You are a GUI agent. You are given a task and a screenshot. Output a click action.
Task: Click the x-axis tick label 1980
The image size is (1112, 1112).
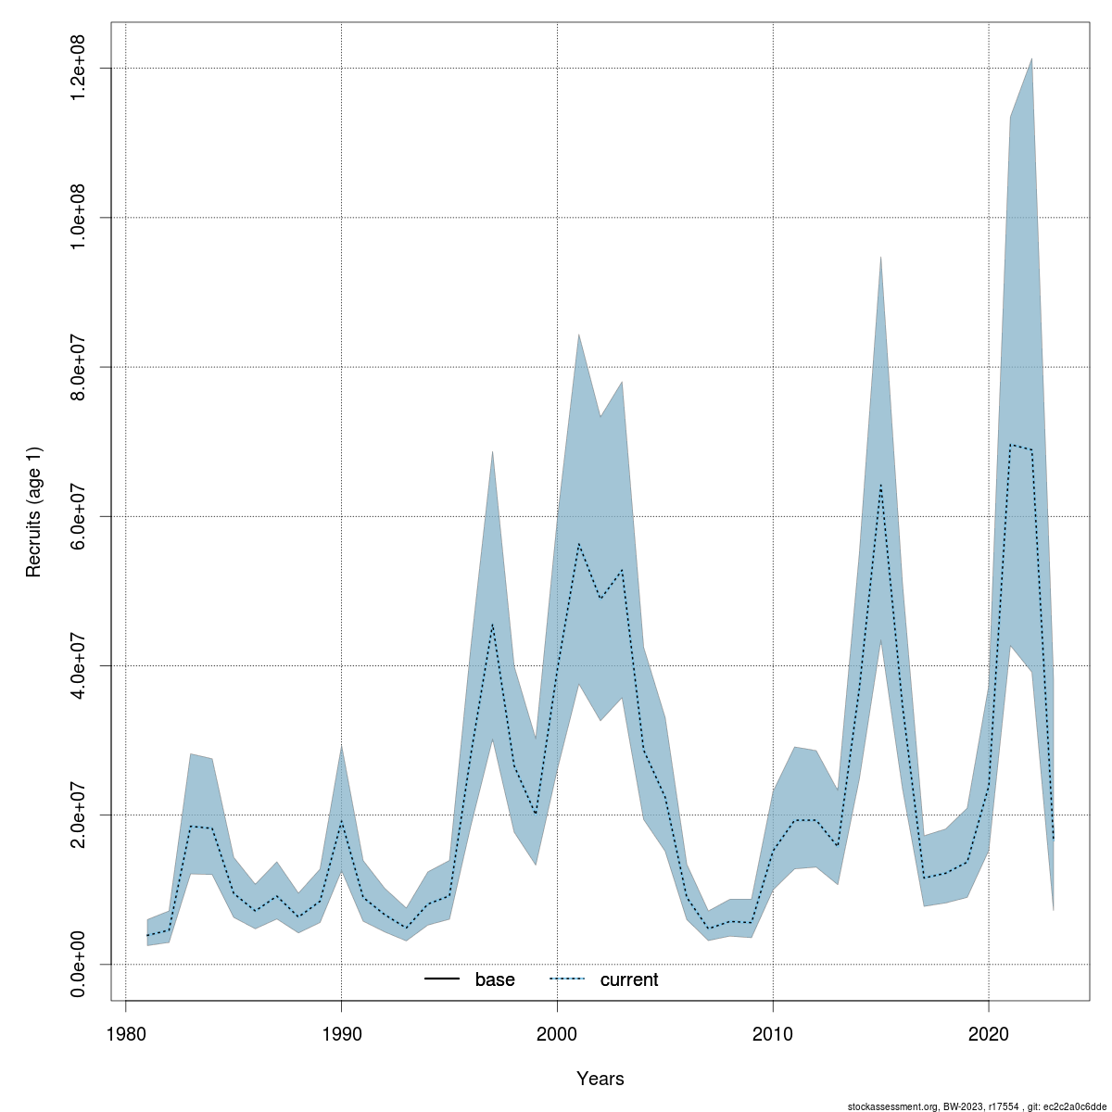[125, 1034]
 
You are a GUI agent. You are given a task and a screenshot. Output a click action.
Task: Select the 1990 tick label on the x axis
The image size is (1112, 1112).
[341, 1034]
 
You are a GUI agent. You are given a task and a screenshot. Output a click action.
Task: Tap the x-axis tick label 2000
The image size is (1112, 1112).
[557, 1034]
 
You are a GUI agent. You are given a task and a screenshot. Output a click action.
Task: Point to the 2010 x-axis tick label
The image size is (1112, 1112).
[773, 1034]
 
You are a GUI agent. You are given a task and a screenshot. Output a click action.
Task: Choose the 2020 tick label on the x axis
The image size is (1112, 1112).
[989, 1034]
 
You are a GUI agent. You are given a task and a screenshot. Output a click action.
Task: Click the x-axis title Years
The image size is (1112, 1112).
[600, 1079]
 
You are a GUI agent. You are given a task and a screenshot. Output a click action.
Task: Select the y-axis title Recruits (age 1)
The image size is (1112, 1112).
[34, 512]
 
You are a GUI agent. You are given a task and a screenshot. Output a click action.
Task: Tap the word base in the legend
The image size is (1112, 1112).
[495, 979]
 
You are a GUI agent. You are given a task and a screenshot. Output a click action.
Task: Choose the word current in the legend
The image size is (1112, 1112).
[629, 979]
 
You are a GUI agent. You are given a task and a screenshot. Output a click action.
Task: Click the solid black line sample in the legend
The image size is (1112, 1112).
[443, 979]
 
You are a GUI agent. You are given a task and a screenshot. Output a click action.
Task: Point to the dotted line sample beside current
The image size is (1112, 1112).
[568, 979]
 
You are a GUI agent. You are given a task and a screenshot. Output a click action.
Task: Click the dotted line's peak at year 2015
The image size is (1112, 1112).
[880, 485]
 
